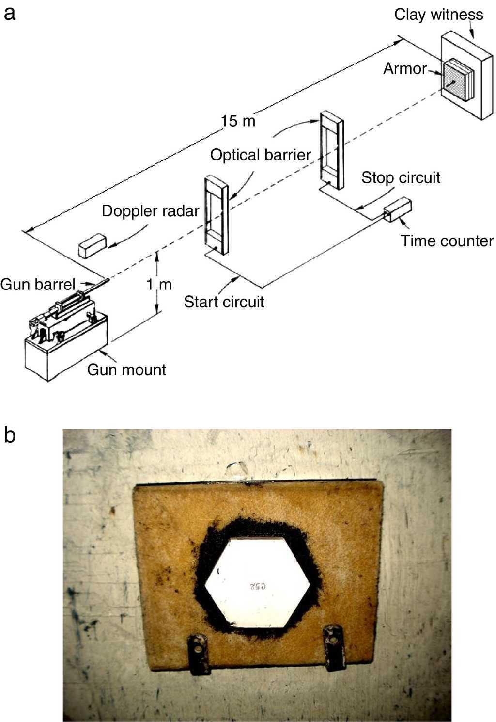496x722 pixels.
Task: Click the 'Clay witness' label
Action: tap(438, 15)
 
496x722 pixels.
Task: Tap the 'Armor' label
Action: tap(405, 69)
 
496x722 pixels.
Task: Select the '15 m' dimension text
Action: tap(238, 121)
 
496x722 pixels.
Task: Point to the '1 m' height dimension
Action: tap(159, 285)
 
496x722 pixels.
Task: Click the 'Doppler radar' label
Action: tap(150, 211)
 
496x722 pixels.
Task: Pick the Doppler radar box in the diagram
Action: tap(93, 245)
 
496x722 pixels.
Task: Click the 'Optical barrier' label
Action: tap(260, 155)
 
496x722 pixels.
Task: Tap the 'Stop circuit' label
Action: tap(401, 177)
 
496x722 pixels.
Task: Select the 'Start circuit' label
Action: tap(224, 302)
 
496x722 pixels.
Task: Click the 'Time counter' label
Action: tap(447, 241)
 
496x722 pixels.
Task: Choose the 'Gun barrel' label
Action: tap(37, 284)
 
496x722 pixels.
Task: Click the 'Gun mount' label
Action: tap(126, 370)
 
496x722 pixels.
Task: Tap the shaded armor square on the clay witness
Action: tap(456, 80)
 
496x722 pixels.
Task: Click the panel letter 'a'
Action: tap(10, 13)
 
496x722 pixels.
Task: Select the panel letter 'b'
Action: tap(10, 435)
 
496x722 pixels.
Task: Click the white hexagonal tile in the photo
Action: tap(257, 581)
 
